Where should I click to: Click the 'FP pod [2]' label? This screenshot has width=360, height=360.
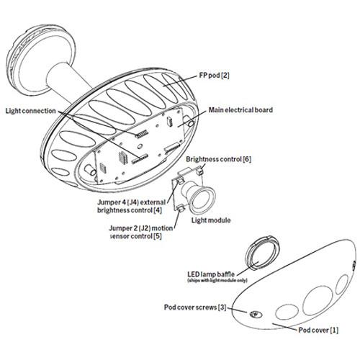point(214,76)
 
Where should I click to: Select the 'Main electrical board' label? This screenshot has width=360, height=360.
point(240,110)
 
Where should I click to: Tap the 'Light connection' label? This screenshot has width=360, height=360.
point(31,111)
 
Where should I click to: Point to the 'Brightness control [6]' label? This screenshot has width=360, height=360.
point(218,159)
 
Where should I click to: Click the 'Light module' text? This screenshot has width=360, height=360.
point(211,220)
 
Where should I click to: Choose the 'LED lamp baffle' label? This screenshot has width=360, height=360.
point(211,274)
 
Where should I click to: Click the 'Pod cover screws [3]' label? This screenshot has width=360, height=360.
point(195,307)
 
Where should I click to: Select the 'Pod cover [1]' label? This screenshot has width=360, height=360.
point(318,330)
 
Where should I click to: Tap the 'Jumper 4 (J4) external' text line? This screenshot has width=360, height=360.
point(132,202)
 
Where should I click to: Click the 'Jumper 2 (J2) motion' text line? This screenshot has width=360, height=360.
point(141,228)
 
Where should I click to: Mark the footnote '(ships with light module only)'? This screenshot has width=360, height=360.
point(217,280)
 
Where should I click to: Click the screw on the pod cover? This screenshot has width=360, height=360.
point(256,314)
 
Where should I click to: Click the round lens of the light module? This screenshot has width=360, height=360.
point(203,199)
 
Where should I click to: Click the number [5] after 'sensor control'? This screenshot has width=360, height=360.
point(157,236)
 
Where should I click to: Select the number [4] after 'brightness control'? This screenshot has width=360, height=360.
point(158,210)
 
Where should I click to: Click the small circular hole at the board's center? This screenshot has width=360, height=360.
point(140,146)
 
